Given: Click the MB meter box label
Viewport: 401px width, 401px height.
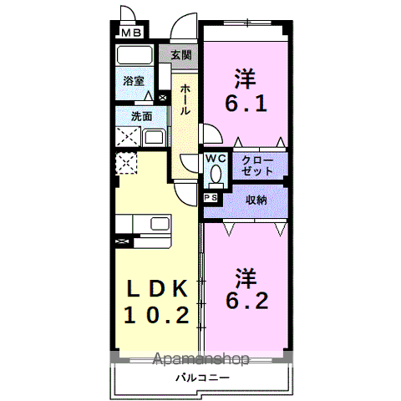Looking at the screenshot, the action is point(132,33).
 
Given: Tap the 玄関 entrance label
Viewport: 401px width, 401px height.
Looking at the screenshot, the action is point(181,55).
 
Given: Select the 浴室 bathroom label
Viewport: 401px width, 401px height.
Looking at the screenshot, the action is point(134,81).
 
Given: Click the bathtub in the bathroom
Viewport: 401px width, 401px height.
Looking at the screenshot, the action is point(135,55).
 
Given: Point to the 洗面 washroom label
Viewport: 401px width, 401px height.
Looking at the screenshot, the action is point(142,116).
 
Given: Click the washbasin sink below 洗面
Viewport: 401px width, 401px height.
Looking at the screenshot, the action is point(154,138).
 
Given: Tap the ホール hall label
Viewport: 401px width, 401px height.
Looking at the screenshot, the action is point(185,99).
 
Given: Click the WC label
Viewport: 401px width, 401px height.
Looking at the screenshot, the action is point(216,159).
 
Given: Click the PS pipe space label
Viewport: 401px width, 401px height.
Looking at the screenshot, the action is point(211,198).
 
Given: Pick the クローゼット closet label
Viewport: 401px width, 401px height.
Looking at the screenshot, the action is point(257,165).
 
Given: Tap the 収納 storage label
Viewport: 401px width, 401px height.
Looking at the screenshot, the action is point(256,200).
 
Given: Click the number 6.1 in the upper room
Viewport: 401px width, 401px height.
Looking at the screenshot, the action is point(246,104).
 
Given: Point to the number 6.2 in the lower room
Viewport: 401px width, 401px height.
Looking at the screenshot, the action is point(247,301).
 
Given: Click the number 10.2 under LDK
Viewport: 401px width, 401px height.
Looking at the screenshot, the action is point(157,315).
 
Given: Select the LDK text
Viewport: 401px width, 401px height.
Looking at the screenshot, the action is point(157,288).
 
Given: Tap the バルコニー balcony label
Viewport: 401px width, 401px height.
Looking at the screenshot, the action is point(203,378).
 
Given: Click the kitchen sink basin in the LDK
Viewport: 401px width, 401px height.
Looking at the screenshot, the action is point(160,224).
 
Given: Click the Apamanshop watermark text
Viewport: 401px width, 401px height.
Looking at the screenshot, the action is point(200,358).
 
